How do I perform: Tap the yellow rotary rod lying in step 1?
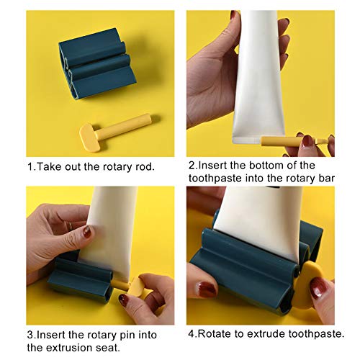[115, 132]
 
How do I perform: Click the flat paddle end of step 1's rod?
[89, 138]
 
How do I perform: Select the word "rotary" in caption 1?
[117, 167]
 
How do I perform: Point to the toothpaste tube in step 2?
[259, 77]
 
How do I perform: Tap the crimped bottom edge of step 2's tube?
[247, 140]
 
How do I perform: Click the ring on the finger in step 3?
[71, 225]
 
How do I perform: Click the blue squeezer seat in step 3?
[81, 276]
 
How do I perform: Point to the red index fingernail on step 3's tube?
[87, 232]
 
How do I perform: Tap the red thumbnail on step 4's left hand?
[207, 289]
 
